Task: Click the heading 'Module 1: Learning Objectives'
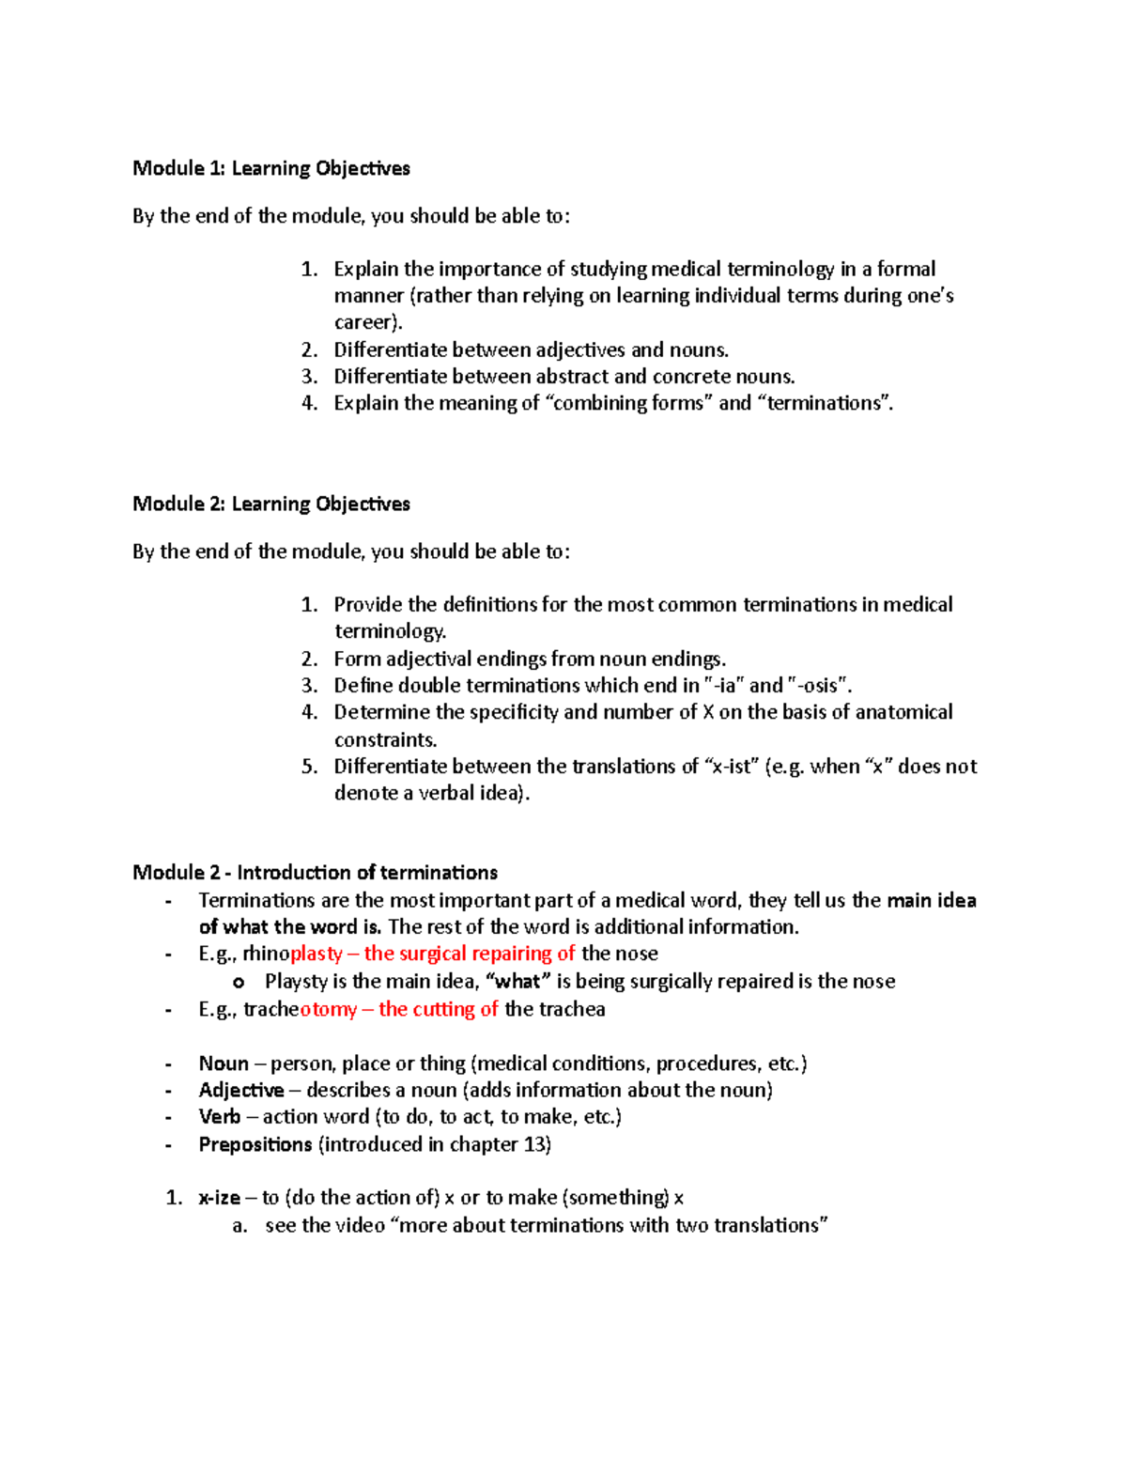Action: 270,168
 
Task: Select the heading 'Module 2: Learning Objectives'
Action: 270,504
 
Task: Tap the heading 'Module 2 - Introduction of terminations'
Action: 315,872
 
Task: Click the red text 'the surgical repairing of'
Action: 469,954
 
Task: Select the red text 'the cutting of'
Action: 438,1009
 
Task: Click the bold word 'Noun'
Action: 224,1063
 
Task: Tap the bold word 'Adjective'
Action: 241,1090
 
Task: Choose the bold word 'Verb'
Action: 220,1117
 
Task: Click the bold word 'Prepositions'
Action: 255,1144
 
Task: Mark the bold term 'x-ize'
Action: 219,1198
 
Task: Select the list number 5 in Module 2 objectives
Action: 309,767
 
